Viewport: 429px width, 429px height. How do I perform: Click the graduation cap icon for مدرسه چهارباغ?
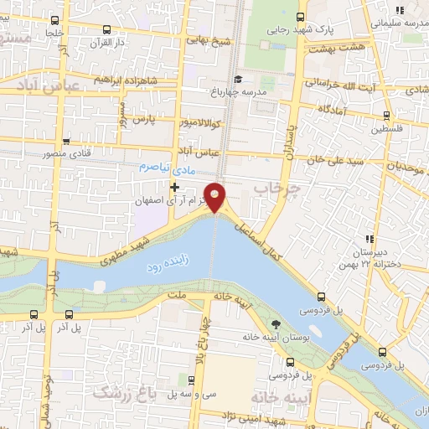[238, 80]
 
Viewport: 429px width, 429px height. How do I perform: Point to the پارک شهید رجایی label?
[300, 29]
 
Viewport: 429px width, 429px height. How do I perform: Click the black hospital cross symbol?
[174, 186]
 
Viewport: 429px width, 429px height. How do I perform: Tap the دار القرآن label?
[107, 41]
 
